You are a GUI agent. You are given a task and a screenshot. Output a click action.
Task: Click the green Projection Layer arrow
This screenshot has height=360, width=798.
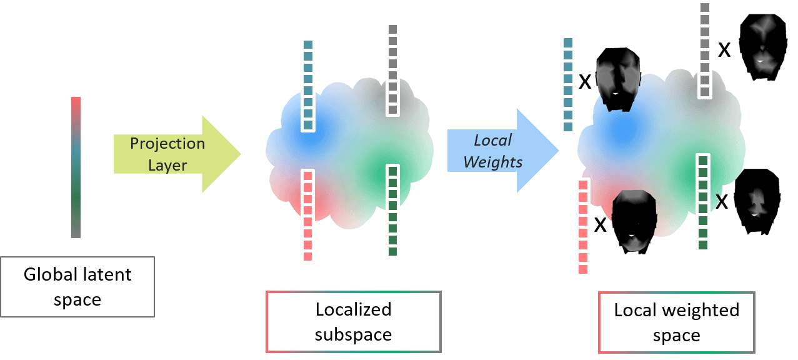(x=175, y=153)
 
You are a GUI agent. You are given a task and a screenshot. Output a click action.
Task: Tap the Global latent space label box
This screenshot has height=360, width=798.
(x=77, y=287)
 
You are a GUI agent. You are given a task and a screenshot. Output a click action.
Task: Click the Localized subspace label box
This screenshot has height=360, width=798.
(x=353, y=321)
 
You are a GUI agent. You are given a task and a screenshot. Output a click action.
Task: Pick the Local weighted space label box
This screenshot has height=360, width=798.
(x=676, y=322)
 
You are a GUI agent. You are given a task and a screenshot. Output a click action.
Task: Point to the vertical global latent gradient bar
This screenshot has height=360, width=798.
(x=76, y=167)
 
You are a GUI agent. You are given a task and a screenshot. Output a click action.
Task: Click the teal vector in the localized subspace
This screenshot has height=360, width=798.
(x=307, y=85)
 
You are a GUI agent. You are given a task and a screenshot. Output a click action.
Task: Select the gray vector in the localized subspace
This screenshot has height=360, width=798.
(x=392, y=69)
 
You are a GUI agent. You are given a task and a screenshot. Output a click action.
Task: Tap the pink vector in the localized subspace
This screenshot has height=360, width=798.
(x=307, y=216)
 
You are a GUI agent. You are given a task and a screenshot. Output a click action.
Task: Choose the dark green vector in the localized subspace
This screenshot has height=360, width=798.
(x=392, y=211)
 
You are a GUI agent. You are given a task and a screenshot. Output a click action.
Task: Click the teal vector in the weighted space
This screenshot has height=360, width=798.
(x=567, y=84)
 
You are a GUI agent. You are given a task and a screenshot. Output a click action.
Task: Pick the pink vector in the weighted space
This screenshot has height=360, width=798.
(x=583, y=226)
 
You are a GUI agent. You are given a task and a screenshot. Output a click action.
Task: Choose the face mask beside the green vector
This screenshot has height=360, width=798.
(x=757, y=201)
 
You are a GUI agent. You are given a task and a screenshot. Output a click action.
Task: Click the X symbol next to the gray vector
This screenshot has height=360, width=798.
(x=724, y=50)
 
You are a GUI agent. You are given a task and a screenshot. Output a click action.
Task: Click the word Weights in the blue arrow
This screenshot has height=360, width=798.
(x=493, y=162)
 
